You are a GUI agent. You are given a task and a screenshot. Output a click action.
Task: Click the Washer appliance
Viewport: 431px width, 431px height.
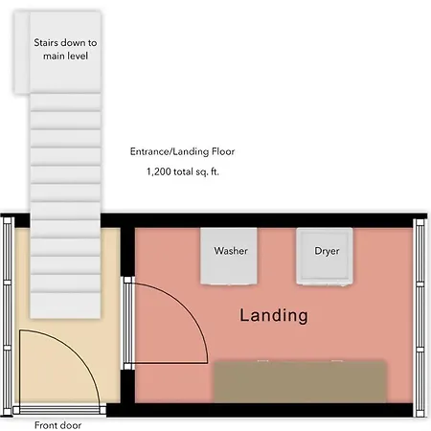(x=229, y=256)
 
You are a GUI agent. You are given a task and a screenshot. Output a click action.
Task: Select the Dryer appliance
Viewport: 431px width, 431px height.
(x=325, y=256)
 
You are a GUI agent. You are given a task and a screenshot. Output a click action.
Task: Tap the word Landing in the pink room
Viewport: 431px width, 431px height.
(x=274, y=315)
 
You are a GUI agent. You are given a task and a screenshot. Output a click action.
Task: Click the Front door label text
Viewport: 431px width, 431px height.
(x=57, y=425)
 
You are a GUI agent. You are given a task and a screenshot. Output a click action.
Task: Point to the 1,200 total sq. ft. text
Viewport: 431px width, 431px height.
(x=183, y=171)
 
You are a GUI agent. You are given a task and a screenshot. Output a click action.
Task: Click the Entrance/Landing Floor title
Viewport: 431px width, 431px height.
(x=182, y=151)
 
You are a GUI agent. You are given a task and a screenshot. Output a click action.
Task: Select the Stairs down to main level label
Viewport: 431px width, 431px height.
(x=65, y=49)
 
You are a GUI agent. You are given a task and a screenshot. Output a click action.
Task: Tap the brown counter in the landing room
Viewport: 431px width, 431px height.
(x=300, y=381)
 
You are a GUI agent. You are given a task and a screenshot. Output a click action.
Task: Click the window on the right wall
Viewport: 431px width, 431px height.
(x=420, y=317)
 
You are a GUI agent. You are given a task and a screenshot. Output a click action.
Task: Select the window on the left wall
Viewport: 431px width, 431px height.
(x=7, y=316)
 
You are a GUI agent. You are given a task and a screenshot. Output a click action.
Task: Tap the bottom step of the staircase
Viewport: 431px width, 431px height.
(x=65, y=306)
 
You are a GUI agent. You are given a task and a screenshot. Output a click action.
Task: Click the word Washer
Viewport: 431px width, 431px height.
(x=231, y=251)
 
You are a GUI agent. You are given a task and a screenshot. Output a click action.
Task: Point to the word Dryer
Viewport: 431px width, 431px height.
(x=327, y=251)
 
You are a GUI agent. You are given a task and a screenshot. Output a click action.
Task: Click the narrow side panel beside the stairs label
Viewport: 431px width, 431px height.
(x=22, y=53)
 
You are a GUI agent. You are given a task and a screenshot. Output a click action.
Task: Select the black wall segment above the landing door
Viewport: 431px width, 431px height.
(x=127, y=252)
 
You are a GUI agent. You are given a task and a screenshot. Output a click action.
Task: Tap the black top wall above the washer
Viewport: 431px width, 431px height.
(x=257, y=220)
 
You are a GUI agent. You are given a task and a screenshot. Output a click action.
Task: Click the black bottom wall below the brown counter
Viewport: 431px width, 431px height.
(x=260, y=410)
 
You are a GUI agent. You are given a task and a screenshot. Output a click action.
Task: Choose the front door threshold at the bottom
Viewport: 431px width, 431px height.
(x=59, y=410)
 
